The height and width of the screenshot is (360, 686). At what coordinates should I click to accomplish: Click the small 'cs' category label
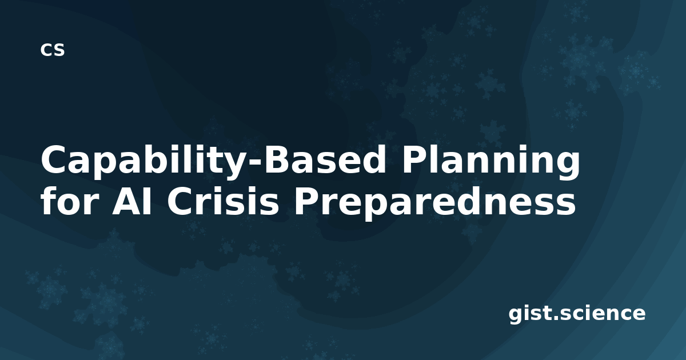point(53,50)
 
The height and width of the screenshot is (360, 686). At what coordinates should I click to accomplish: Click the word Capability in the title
point(145,161)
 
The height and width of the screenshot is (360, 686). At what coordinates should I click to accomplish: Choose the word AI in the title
point(131,201)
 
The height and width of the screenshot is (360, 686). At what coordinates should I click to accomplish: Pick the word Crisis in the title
point(223,200)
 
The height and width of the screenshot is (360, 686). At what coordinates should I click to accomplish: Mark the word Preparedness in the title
point(435,202)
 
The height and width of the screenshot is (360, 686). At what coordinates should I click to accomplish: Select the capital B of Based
point(278,159)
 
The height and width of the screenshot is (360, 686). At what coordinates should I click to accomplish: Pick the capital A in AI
point(126,201)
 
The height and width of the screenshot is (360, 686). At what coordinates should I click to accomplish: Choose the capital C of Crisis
point(180,200)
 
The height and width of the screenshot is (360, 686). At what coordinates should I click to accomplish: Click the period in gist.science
point(556,318)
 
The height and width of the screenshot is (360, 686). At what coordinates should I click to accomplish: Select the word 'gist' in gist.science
point(530,315)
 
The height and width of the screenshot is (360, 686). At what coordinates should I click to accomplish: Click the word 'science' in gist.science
point(603,313)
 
